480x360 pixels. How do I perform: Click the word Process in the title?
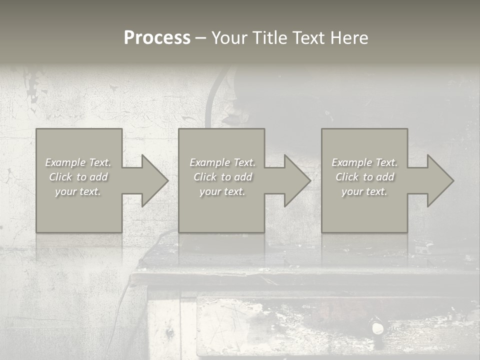[157, 38]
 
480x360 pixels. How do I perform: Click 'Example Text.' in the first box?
[78, 162]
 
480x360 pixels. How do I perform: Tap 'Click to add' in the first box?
[78, 177]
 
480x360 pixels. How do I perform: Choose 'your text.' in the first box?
[78, 191]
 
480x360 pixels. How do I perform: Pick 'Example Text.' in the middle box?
[222, 162]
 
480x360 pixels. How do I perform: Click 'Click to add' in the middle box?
[222, 177]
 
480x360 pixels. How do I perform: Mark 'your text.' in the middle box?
[222, 191]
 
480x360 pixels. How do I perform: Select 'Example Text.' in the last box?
[364, 162]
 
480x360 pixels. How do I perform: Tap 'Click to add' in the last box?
[364, 177]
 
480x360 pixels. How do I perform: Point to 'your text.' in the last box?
[364, 191]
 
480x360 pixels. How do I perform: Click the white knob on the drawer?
[376, 328]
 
